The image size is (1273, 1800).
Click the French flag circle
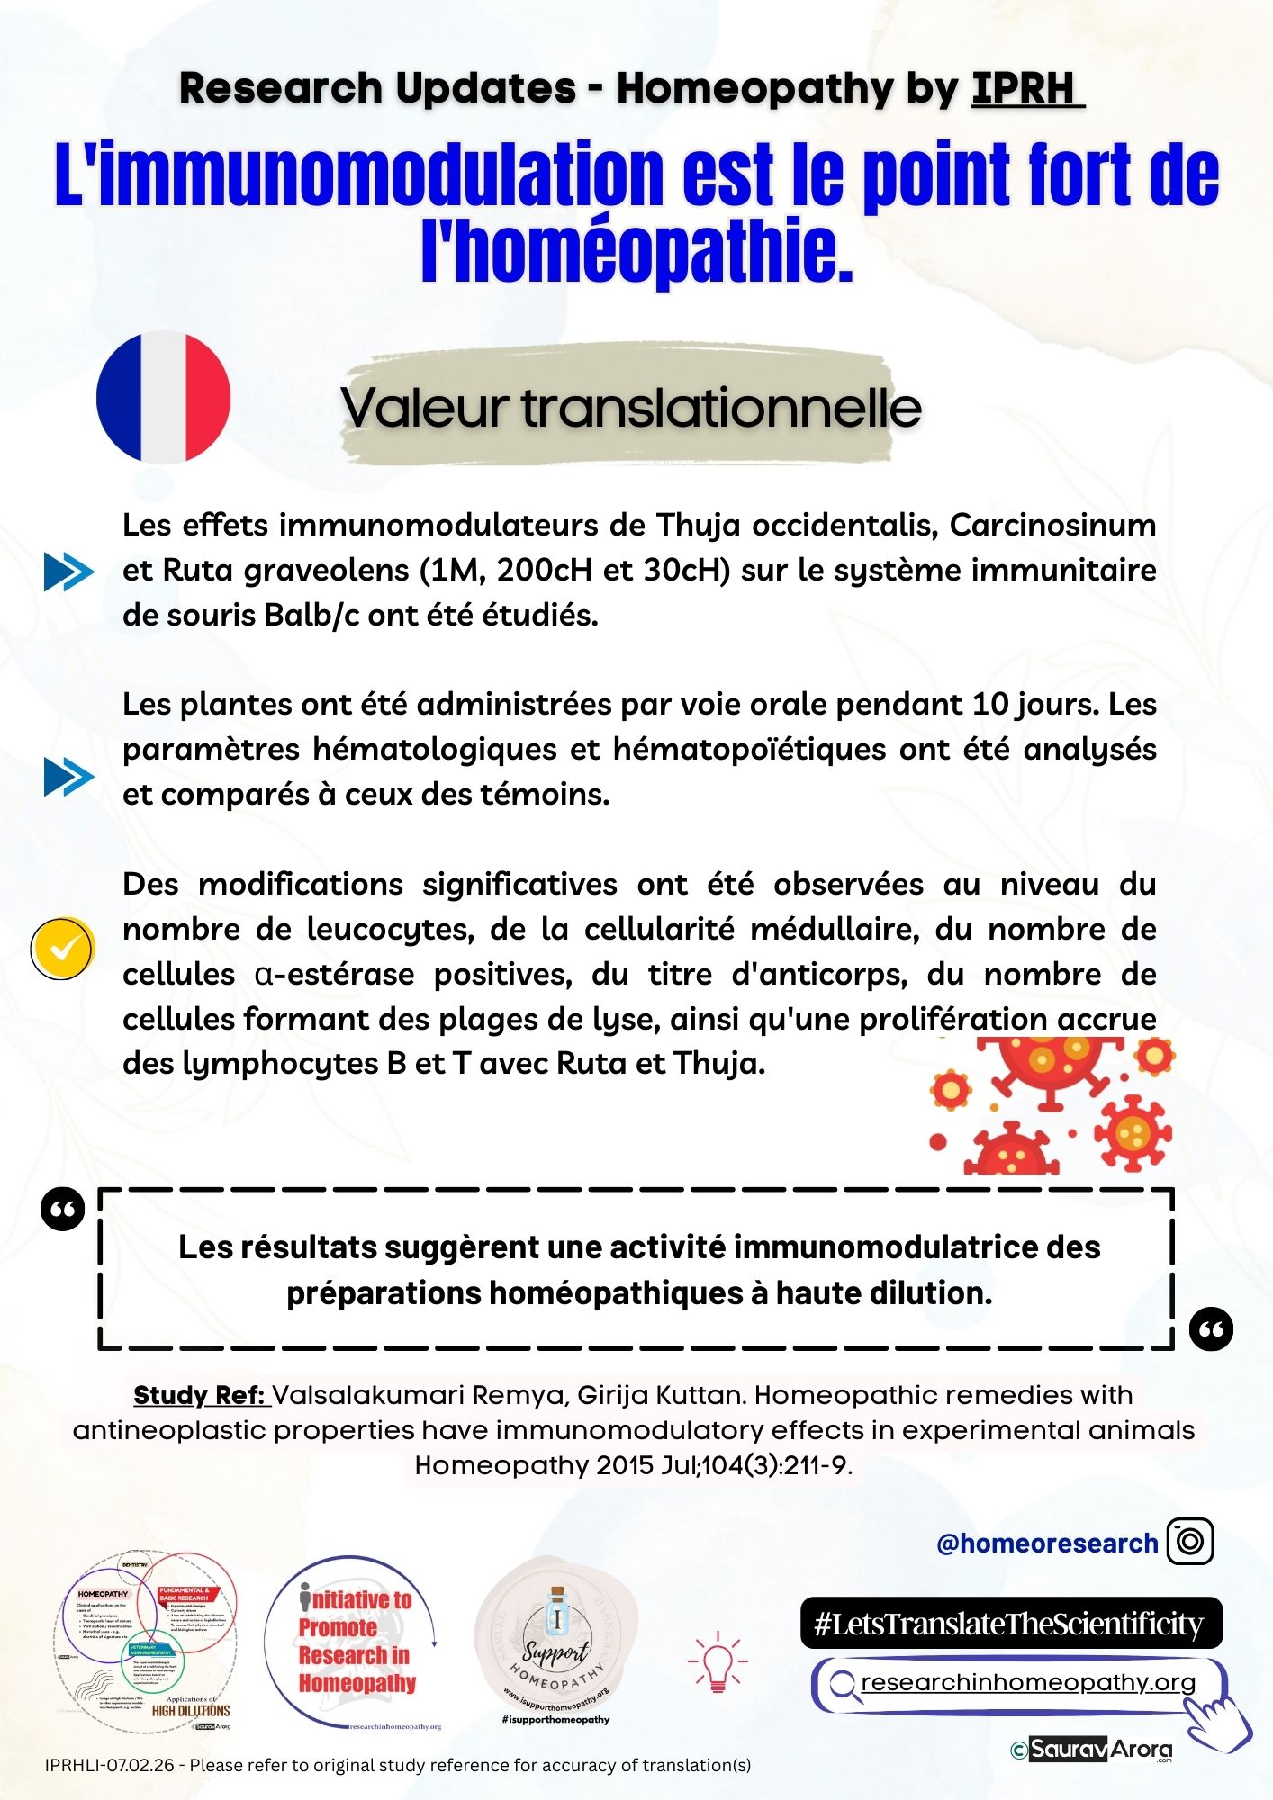tap(163, 397)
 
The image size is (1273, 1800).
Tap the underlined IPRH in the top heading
tap(1026, 88)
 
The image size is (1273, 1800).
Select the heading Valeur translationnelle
tap(630, 408)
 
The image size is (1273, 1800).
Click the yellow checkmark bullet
tap(62, 949)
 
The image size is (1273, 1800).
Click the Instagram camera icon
tap(1189, 1542)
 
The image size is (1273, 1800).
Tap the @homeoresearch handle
tap(1046, 1543)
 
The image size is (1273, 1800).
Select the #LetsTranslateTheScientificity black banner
tap(1010, 1623)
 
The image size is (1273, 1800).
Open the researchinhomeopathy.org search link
tap(1027, 1682)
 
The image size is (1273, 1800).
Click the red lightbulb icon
tap(718, 1661)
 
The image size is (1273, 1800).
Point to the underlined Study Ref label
tap(199, 1395)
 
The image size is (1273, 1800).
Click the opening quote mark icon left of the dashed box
tap(63, 1210)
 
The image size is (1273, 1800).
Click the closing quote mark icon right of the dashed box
tap(1211, 1328)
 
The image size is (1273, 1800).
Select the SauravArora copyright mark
tap(1091, 1750)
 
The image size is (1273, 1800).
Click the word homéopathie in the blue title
tap(636, 250)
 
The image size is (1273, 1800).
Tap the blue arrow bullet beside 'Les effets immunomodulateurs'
tap(68, 571)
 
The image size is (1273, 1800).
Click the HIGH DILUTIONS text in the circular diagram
tap(190, 1710)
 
